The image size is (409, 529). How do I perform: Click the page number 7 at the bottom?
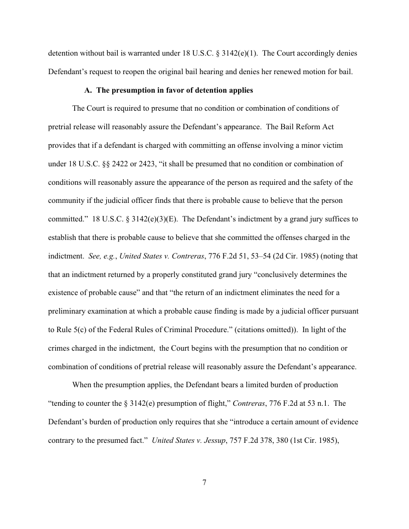coord(204,482)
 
